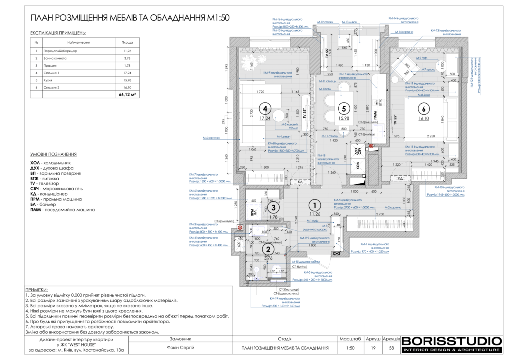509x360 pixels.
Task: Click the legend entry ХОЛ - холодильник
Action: click(50, 163)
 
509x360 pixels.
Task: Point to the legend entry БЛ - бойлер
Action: click(43, 204)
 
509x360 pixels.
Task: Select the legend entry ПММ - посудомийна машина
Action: click(62, 210)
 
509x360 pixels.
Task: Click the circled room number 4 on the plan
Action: click(265, 108)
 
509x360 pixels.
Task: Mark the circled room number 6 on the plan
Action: click(424, 109)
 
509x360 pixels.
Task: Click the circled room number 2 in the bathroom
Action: click(268, 249)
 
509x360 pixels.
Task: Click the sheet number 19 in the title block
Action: click(373, 348)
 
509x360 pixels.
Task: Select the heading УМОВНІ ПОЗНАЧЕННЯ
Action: click(53, 155)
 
